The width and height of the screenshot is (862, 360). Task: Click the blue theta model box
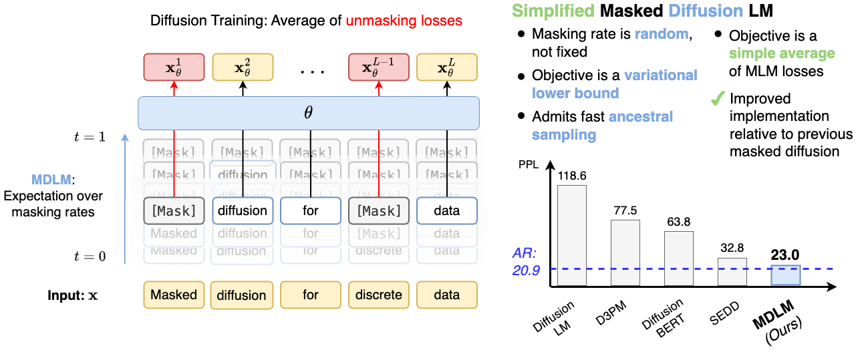(x=309, y=113)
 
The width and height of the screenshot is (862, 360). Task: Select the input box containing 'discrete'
(x=379, y=295)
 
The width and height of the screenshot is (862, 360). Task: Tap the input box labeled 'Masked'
(x=174, y=295)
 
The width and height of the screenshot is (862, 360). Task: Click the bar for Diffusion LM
(x=571, y=235)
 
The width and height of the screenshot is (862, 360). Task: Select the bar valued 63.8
(x=678, y=258)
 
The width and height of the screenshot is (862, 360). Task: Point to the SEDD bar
(x=732, y=272)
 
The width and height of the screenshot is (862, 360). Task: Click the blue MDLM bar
(x=785, y=275)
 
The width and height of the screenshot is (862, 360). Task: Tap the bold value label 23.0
(x=785, y=254)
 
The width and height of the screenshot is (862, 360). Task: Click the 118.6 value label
(x=572, y=175)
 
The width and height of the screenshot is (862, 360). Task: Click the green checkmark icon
(x=717, y=100)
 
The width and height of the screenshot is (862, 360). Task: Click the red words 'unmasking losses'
(x=404, y=21)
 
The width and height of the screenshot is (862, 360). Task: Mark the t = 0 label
(x=90, y=256)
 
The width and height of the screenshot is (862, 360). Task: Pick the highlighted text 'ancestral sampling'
(x=601, y=126)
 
